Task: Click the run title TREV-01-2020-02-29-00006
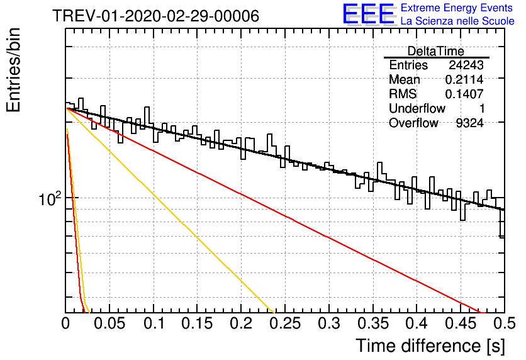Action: (x=155, y=16)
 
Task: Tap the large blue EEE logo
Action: (x=368, y=14)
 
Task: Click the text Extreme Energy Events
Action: (x=456, y=8)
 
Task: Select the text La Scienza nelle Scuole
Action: (x=457, y=21)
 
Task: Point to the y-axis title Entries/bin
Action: (x=13, y=70)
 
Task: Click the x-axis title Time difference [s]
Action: (x=430, y=346)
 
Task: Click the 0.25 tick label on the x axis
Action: (x=285, y=323)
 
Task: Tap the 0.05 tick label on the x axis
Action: (x=109, y=323)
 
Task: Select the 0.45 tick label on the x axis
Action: (x=461, y=323)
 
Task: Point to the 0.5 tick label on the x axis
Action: (x=504, y=323)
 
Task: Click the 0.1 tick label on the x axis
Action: (x=154, y=323)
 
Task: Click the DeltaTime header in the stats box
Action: (x=436, y=51)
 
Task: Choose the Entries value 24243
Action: (x=466, y=65)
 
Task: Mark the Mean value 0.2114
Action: (x=464, y=79)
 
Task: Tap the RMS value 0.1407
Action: (x=464, y=94)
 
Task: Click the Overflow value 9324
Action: (x=470, y=123)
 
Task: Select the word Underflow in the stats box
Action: (x=417, y=108)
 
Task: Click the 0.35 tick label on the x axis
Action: (x=372, y=323)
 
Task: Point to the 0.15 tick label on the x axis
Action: (x=198, y=323)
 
